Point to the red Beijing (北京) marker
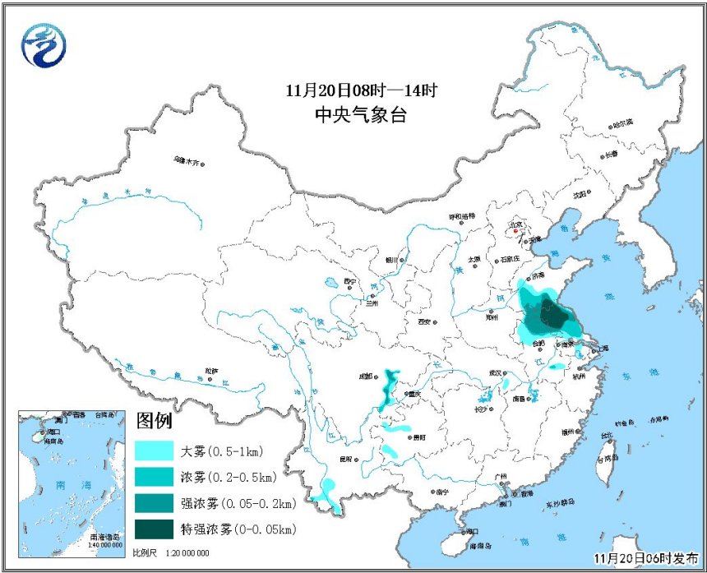pyautogui.click(x=515, y=231)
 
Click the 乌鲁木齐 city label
pyautogui.click(x=186, y=162)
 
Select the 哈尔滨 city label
pyautogui.click(x=622, y=122)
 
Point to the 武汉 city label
pyautogui.click(x=494, y=372)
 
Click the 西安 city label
pyautogui.click(x=424, y=321)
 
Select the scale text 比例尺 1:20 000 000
pyautogui.click(x=170, y=552)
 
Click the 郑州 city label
pyautogui.click(x=492, y=314)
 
